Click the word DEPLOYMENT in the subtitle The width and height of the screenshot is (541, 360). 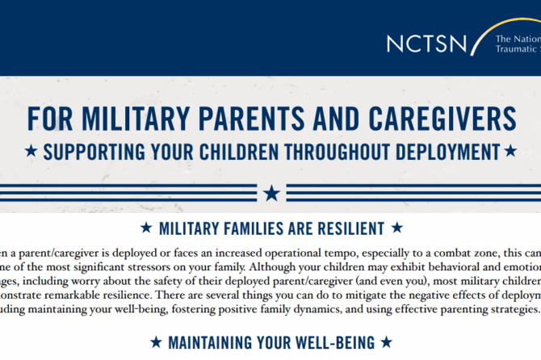[436, 151]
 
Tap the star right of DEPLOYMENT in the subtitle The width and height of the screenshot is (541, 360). [510, 151]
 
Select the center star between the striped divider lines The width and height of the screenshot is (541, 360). [271, 193]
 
